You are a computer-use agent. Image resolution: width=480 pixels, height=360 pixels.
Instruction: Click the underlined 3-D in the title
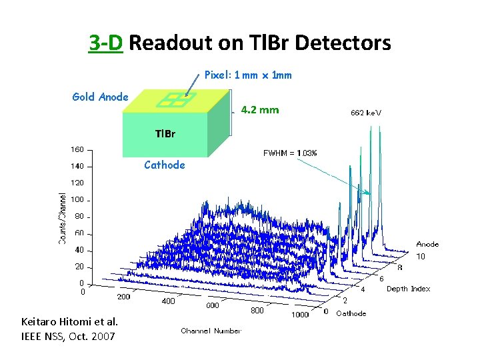[105, 43]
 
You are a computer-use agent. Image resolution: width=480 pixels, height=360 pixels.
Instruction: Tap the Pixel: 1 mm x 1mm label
[247, 75]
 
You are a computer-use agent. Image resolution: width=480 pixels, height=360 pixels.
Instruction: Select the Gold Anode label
[100, 97]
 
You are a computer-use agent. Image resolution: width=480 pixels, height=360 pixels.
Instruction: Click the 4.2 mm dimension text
[259, 109]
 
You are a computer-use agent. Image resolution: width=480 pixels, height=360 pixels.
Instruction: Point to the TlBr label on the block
[165, 133]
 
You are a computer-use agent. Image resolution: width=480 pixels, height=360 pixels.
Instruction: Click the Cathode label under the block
[164, 165]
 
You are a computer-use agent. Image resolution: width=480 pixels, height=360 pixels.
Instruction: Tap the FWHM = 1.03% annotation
[290, 153]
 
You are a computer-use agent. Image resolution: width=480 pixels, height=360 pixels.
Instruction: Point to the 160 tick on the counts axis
[77, 149]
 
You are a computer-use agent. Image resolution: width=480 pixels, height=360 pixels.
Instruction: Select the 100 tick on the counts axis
[77, 199]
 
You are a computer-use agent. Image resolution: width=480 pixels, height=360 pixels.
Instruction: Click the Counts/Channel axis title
[63, 218]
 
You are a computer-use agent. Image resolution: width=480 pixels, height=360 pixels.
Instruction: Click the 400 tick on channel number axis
[169, 301]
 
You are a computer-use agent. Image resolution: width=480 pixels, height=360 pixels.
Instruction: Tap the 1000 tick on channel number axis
[300, 315]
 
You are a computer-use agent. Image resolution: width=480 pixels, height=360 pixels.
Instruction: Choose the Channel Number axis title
[211, 331]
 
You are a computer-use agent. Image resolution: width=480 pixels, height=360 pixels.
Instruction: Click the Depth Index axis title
[408, 289]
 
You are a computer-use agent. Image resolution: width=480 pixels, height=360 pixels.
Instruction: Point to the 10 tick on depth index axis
[421, 257]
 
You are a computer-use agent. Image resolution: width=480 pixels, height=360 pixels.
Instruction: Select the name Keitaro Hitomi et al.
[70, 322]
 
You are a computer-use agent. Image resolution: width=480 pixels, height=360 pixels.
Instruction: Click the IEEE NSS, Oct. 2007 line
[68, 336]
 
